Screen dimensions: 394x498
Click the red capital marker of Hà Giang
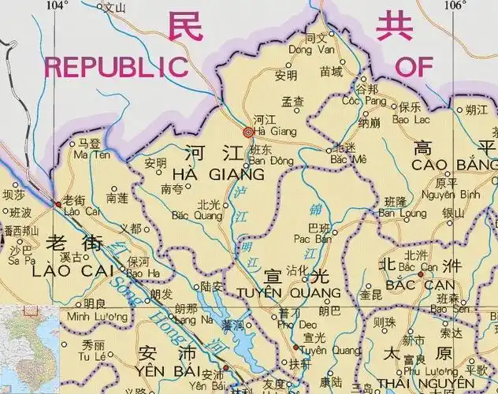[249, 132]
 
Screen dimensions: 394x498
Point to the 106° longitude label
[454, 6]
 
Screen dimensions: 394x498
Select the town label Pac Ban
[311, 239]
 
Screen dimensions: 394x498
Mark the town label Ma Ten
[88, 154]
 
